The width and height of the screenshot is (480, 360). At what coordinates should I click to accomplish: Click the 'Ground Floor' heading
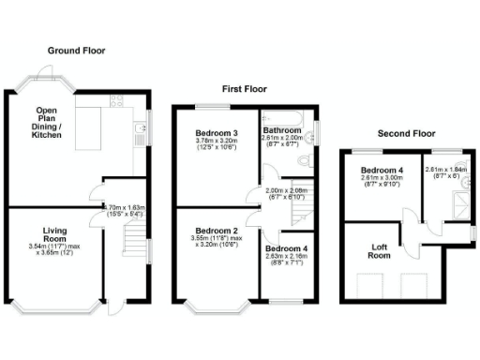coord(77,51)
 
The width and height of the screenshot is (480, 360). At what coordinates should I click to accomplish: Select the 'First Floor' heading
coord(244,89)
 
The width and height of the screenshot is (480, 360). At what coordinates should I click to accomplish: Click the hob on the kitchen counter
coord(117,99)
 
